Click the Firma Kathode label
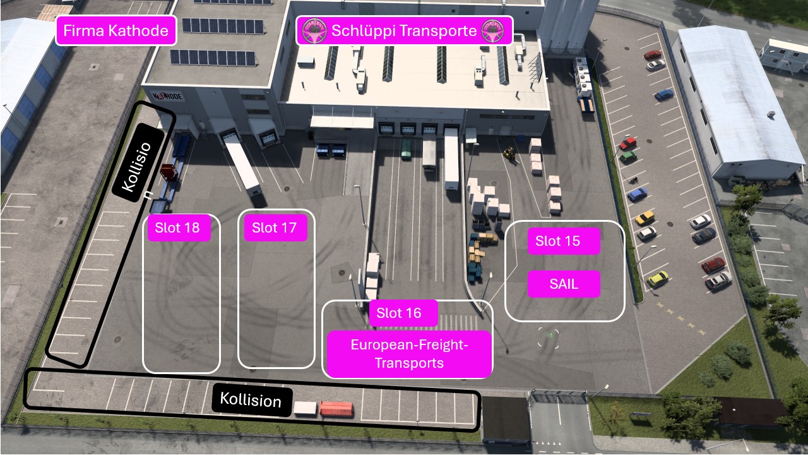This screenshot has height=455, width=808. click(116, 31)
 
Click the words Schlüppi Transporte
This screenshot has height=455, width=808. click(404, 31)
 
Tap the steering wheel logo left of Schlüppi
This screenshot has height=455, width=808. click(314, 31)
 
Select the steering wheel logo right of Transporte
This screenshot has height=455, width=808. click(493, 31)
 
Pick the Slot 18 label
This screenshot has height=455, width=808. click(179, 227)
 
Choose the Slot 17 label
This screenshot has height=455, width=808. click(276, 227)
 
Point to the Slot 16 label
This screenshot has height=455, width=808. click(403, 313)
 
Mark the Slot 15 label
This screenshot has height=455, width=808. click(564, 241)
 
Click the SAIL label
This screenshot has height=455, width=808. click(564, 284)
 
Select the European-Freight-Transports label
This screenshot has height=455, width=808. click(409, 354)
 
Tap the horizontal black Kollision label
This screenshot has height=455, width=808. click(251, 400)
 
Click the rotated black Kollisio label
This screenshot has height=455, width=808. click(138, 162)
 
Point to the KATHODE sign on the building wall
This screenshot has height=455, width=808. click(168, 97)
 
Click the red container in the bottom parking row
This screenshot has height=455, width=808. click(336, 409)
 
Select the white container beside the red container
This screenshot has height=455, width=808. click(305, 408)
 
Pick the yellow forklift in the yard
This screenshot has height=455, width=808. click(509, 154)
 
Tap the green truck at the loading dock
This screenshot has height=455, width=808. click(407, 149)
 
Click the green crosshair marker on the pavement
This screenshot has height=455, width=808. click(549, 337)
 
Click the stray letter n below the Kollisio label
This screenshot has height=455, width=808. click(148, 195)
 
